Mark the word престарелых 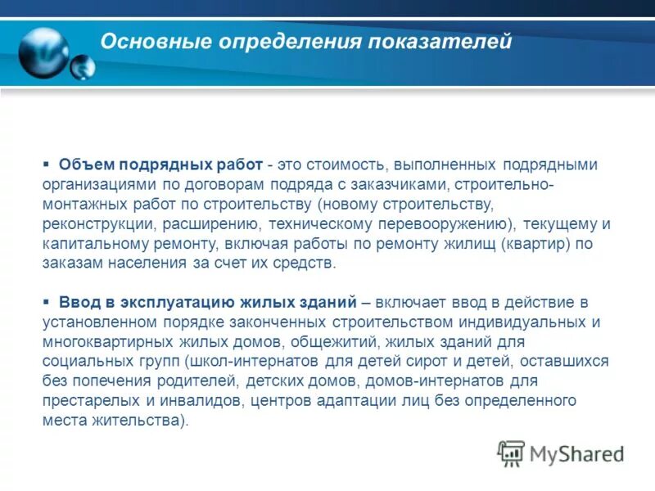(x=88, y=401)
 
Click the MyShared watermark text (x=576, y=453)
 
